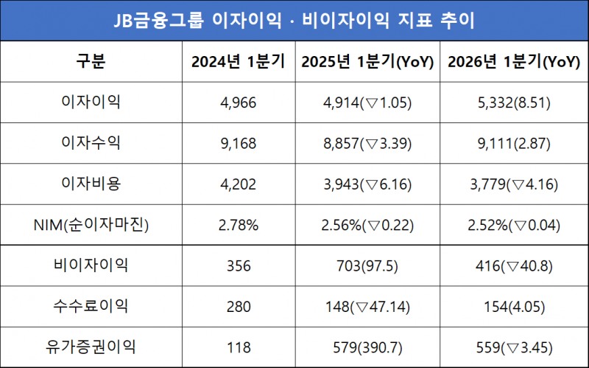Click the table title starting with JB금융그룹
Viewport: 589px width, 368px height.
pyautogui.click(x=294, y=20)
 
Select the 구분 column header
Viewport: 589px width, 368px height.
pyautogui.click(x=91, y=62)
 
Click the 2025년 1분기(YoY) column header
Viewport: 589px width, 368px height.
pyautogui.click(x=367, y=62)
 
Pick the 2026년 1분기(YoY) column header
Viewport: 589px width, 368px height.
pyautogui.click(x=514, y=62)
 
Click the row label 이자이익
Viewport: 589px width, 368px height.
pyautogui.click(x=91, y=102)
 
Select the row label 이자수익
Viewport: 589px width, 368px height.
pyautogui.click(x=91, y=143)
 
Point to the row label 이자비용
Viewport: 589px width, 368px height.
pyautogui.click(x=91, y=184)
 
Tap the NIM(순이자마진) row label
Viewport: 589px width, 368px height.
pyautogui.click(x=91, y=225)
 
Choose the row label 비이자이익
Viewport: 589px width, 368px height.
pyautogui.click(x=91, y=265)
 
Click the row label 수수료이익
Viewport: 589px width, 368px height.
pyautogui.click(x=91, y=306)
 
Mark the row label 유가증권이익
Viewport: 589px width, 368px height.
pyautogui.click(x=91, y=347)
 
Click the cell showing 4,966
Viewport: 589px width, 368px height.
pyautogui.click(x=238, y=103)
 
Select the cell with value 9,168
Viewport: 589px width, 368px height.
pyautogui.click(x=238, y=143)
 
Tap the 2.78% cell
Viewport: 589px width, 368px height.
pyautogui.click(x=238, y=225)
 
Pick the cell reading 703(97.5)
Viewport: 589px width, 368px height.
pyautogui.click(x=367, y=265)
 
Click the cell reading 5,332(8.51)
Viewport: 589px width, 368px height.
pyautogui.click(x=514, y=103)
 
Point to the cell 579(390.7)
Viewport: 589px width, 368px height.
pyautogui.click(x=367, y=347)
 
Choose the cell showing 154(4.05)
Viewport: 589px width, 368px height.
pyautogui.click(x=514, y=306)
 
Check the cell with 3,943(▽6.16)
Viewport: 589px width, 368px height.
pyautogui.click(x=367, y=184)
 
